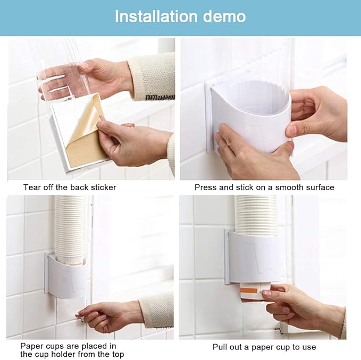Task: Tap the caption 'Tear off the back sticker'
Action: click(x=69, y=187)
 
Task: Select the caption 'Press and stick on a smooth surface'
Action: click(x=264, y=187)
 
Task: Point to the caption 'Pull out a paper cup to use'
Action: click(x=264, y=347)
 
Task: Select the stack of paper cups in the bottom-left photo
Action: click(x=71, y=228)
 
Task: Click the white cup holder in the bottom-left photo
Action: click(x=66, y=276)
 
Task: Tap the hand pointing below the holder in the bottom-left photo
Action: click(x=109, y=316)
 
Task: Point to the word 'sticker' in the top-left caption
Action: click(x=104, y=187)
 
